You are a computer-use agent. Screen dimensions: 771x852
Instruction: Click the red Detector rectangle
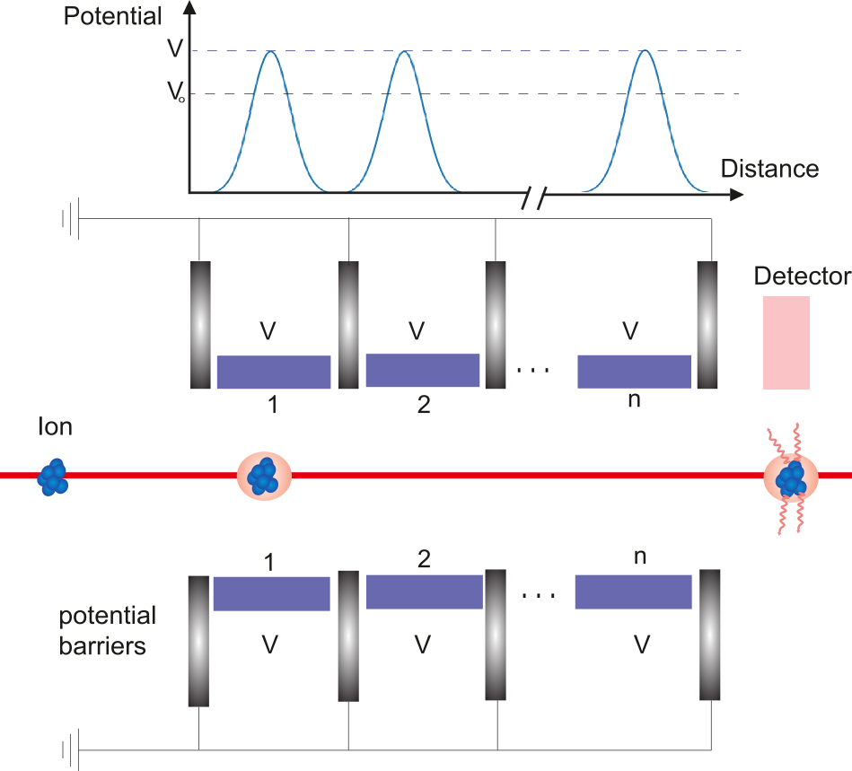coord(786,343)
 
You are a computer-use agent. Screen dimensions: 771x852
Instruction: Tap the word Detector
coord(802,276)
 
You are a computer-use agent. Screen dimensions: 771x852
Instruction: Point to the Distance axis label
coord(769,169)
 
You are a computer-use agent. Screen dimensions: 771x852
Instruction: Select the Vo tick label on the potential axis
coord(175,94)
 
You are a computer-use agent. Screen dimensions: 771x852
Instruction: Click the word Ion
coord(54,426)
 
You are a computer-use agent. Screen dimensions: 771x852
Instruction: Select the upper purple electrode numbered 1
coord(274,372)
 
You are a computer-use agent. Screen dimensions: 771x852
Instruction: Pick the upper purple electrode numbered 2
coord(422,370)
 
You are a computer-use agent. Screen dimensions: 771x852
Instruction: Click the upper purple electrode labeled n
coord(635,371)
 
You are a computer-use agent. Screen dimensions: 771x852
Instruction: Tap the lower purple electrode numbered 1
coord(271,593)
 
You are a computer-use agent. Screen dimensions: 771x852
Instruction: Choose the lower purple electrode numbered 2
coord(424,591)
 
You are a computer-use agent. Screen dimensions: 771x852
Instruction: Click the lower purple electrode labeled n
coord(633,591)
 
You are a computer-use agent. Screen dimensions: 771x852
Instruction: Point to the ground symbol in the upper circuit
coord(69,219)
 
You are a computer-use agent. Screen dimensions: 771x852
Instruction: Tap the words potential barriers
coord(108,631)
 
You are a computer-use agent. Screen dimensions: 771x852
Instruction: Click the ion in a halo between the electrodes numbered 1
coord(264,476)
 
